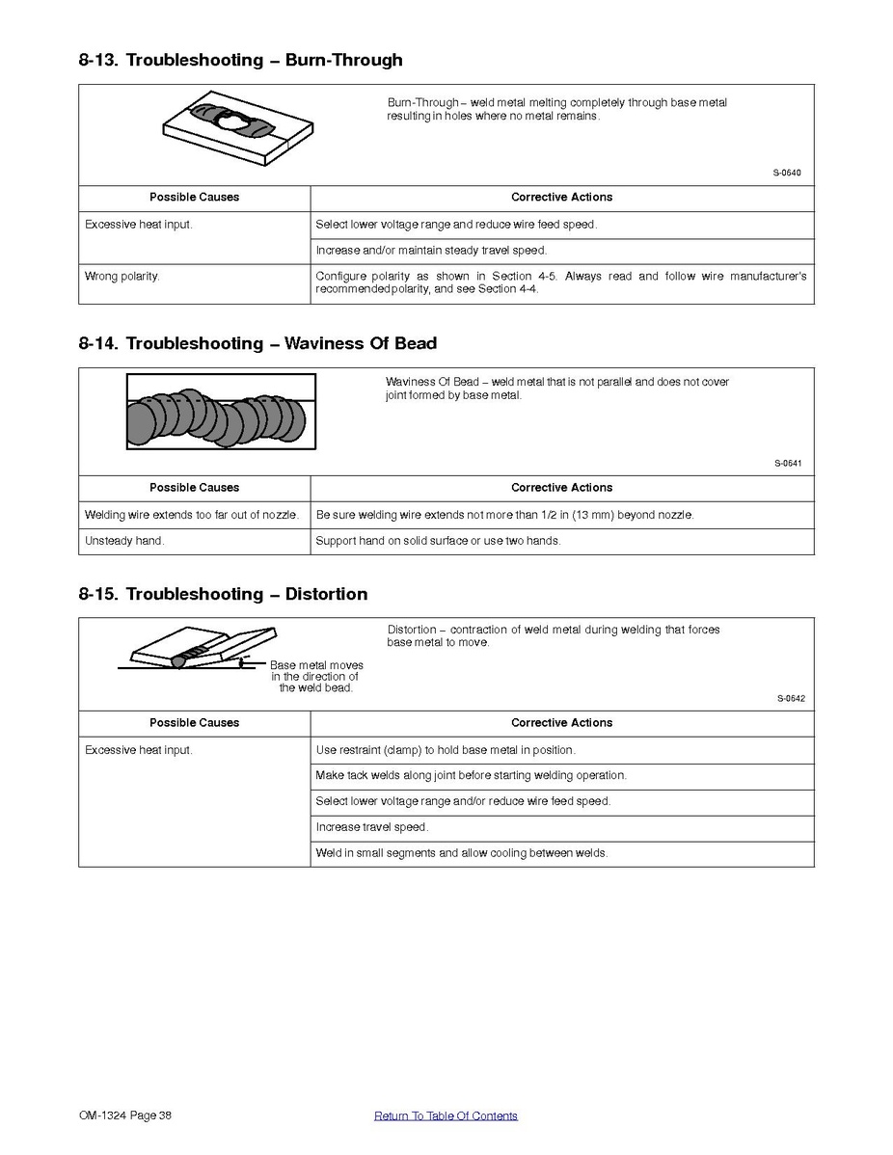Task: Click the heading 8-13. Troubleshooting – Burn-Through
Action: point(240,61)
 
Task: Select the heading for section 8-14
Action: point(257,344)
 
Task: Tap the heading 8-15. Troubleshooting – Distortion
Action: point(223,595)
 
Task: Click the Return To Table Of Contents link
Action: point(446,1116)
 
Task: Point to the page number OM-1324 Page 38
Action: point(125,1116)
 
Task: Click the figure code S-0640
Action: point(786,174)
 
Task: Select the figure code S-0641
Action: point(787,464)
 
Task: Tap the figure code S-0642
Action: point(790,699)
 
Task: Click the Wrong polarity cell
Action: point(122,277)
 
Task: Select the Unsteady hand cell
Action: point(124,541)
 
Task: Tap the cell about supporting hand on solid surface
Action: point(438,541)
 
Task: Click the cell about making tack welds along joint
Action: point(471,776)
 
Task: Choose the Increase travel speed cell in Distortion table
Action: point(372,827)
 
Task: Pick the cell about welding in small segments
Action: point(462,853)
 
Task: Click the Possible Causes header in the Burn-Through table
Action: point(194,198)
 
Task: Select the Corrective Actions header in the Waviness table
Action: point(561,488)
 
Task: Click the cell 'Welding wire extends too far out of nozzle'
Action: point(192,515)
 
